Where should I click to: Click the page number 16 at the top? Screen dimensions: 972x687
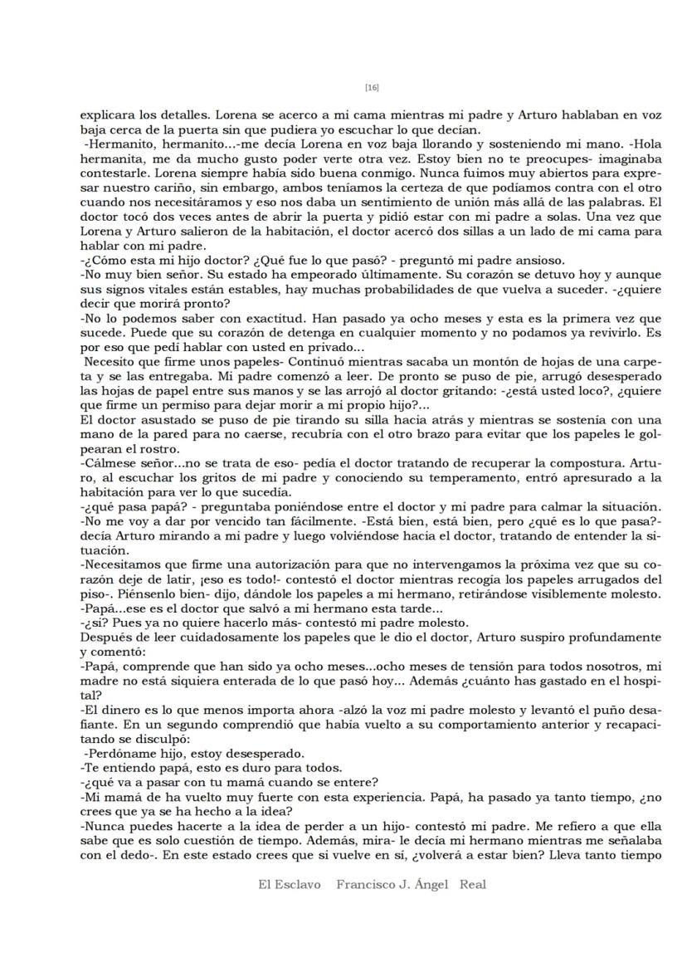pos(372,87)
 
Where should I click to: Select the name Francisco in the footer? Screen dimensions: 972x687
pos(364,885)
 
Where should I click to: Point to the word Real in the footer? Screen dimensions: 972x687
pos(473,885)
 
